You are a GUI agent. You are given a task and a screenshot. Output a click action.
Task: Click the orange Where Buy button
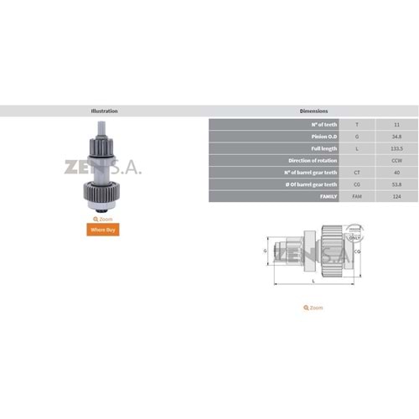click(104, 228)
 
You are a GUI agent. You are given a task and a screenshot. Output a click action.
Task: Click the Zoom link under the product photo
click(104, 218)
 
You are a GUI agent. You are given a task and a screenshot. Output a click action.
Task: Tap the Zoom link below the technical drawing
click(313, 308)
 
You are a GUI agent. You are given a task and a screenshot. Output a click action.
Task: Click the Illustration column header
click(104, 111)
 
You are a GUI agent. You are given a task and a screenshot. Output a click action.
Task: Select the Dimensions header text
click(313, 111)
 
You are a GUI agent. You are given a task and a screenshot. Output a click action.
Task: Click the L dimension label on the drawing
click(313, 281)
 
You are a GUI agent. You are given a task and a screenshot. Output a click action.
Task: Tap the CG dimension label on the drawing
click(357, 250)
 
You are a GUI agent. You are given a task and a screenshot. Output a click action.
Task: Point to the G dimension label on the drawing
click(266, 250)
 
